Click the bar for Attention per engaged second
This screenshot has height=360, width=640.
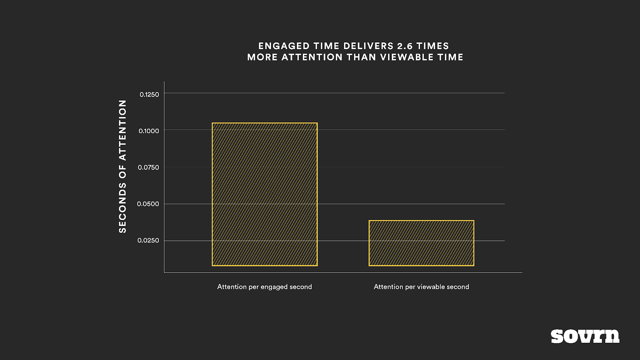tap(264, 194)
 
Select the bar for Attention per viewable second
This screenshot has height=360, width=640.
tap(421, 243)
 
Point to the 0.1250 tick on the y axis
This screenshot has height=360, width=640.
tap(149, 94)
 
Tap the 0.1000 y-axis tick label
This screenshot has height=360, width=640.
tap(149, 131)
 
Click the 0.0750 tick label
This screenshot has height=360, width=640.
tap(148, 167)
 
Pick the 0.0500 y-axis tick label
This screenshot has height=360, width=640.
tap(148, 204)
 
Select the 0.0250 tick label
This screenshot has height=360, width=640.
tap(148, 240)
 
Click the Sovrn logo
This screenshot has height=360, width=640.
tap(585, 336)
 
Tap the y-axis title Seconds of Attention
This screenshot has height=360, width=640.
tap(122, 166)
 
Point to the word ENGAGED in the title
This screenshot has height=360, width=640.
tap(284, 46)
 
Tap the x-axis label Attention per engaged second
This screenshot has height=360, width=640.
tap(264, 287)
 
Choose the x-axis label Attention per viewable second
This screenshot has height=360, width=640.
tap(421, 287)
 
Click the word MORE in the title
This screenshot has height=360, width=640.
tap(262, 57)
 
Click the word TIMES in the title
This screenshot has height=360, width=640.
tap(433, 46)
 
